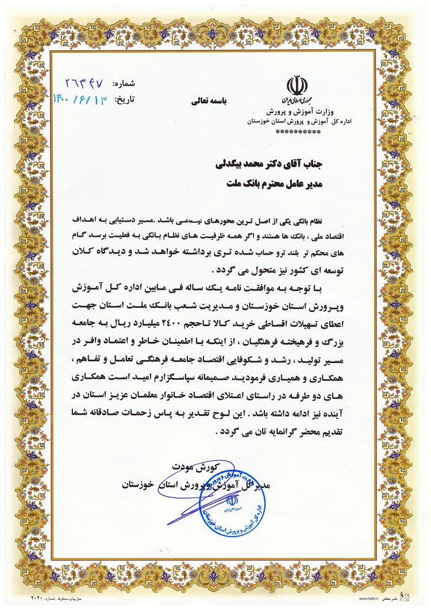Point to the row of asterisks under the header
pyautogui.click(x=298, y=132)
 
